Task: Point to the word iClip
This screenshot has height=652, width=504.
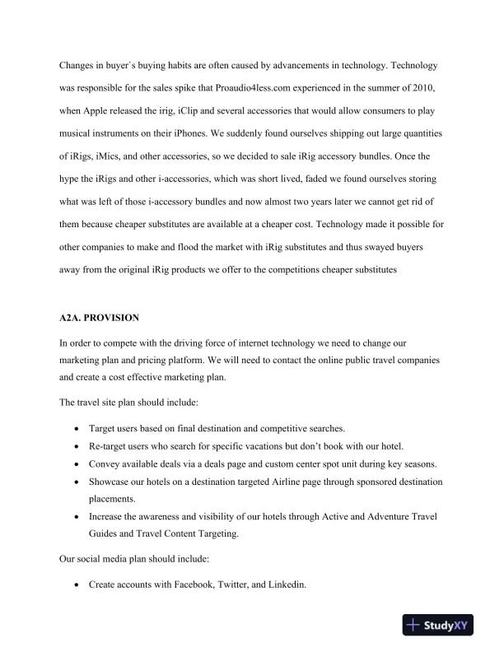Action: (x=181, y=109)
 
